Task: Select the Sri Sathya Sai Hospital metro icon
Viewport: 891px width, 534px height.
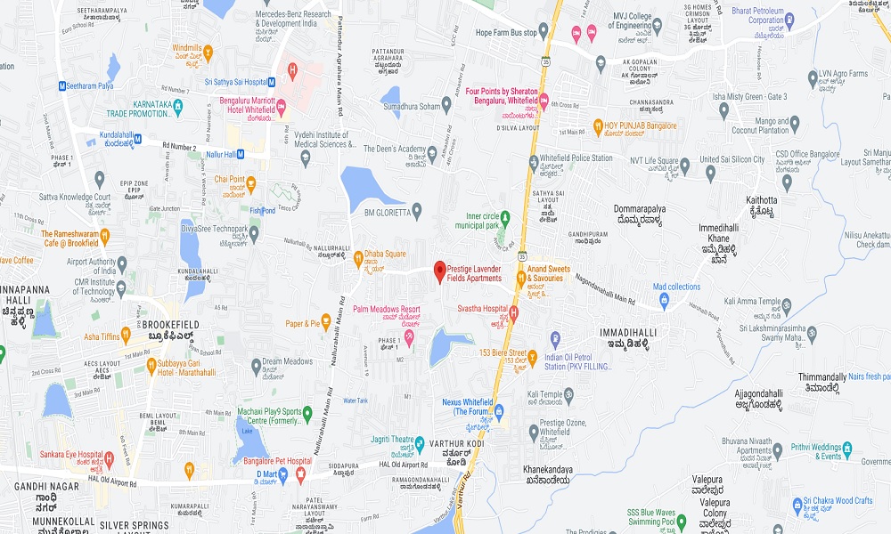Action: point(272,82)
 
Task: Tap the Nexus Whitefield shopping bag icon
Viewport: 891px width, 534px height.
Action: point(499,411)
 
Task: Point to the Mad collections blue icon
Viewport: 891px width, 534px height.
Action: point(665,300)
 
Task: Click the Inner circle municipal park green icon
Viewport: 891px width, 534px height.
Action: point(505,216)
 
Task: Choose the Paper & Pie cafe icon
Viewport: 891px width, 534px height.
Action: point(326,324)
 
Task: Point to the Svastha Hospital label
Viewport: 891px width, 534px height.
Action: point(483,307)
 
